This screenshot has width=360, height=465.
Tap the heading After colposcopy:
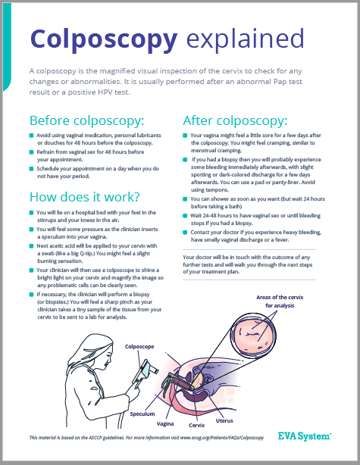pos(235,120)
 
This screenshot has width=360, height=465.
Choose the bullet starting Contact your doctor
pos(262,238)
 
